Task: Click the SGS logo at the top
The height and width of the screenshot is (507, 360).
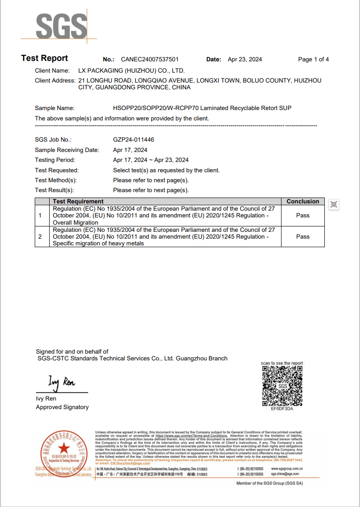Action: [61, 26]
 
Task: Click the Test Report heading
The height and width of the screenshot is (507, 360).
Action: [44, 58]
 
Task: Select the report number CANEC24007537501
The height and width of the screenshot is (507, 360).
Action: [150, 60]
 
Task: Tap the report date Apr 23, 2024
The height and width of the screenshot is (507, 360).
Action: [245, 60]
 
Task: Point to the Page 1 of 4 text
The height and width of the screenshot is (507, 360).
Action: [313, 60]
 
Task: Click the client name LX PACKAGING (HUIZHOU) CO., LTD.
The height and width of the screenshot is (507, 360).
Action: [131, 71]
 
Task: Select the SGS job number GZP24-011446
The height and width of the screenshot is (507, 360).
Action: [134, 140]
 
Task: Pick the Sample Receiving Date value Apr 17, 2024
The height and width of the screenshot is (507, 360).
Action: [130, 150]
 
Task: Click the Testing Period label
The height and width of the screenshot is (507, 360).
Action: [55, 160]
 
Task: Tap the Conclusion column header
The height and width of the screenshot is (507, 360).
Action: [303, 202]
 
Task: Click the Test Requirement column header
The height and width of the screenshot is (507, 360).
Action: [78, 202]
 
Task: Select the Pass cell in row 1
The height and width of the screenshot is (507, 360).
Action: [303, 216]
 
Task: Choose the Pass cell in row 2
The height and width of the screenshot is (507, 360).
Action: [303, 236]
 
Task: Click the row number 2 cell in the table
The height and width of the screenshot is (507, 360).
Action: [40, 236]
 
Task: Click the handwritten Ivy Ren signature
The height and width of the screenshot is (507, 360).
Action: [62, 383]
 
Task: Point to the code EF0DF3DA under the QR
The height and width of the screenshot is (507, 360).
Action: [282, 409]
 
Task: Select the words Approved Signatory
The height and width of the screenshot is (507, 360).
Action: [62, 407]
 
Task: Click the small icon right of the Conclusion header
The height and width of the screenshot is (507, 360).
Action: [333, 204]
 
